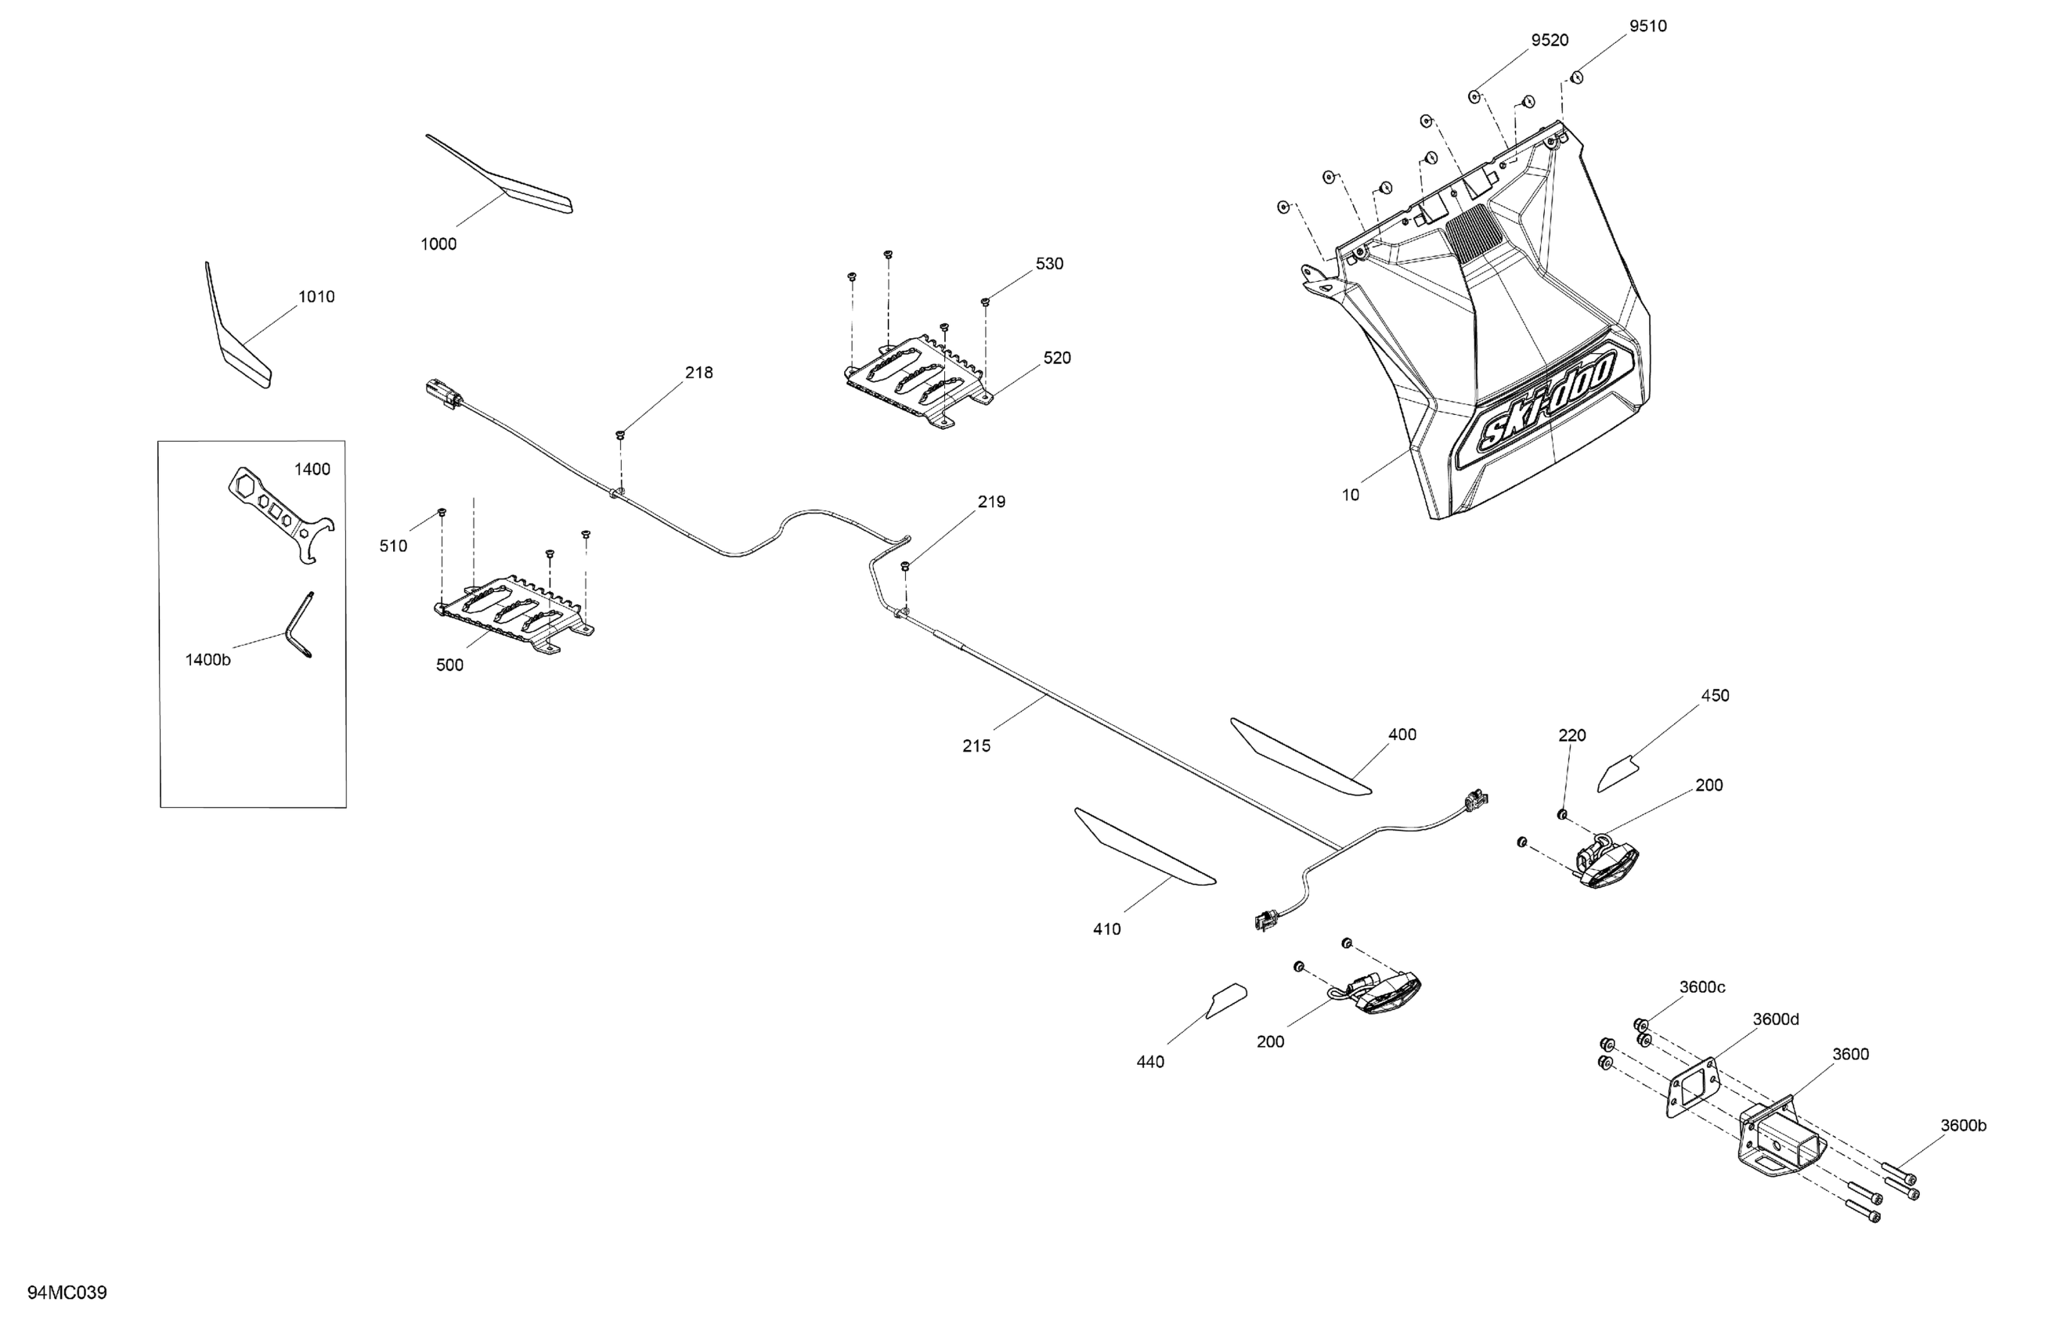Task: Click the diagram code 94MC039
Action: click(67, 1292)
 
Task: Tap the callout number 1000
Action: click(438, 244)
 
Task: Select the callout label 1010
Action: click(316, 297)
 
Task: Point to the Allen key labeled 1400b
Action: click(300, 626)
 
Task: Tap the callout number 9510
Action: click(1647, 26)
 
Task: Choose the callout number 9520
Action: click(1550, 41)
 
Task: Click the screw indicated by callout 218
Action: click(620, 434)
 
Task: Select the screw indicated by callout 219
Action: click(906, 566)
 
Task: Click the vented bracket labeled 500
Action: click(514, 612)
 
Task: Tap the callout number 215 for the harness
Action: click(976, 746)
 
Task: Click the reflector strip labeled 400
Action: click(1298, 756)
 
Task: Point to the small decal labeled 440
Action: click(1225, 1001)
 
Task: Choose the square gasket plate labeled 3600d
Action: click(1691, 1086)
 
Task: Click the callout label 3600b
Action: click(1963, 1126)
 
